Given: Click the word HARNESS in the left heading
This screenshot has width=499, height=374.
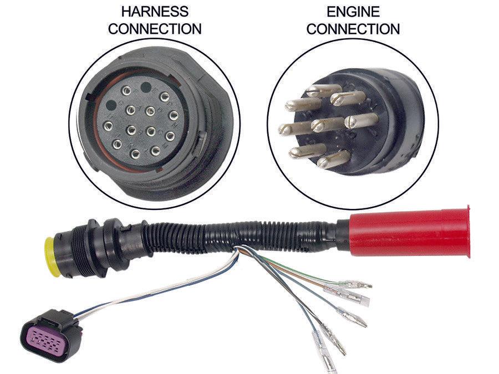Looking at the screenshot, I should tap(155, 11).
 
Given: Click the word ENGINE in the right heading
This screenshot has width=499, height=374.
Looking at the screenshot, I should tap(353, 11).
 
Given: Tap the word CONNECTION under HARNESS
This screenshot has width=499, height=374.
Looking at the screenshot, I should tap(155, 29).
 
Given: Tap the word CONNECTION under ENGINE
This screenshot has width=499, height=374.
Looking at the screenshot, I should tap(353, 29).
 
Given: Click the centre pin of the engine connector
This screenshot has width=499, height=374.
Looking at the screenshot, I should tap(324, 124).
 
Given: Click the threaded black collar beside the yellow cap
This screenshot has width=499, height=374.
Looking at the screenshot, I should tap(78, 252).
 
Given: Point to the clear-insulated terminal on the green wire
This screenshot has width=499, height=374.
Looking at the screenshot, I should tap(355, 284).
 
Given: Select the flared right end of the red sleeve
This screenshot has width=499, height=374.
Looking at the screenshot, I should tap(467, 231).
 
